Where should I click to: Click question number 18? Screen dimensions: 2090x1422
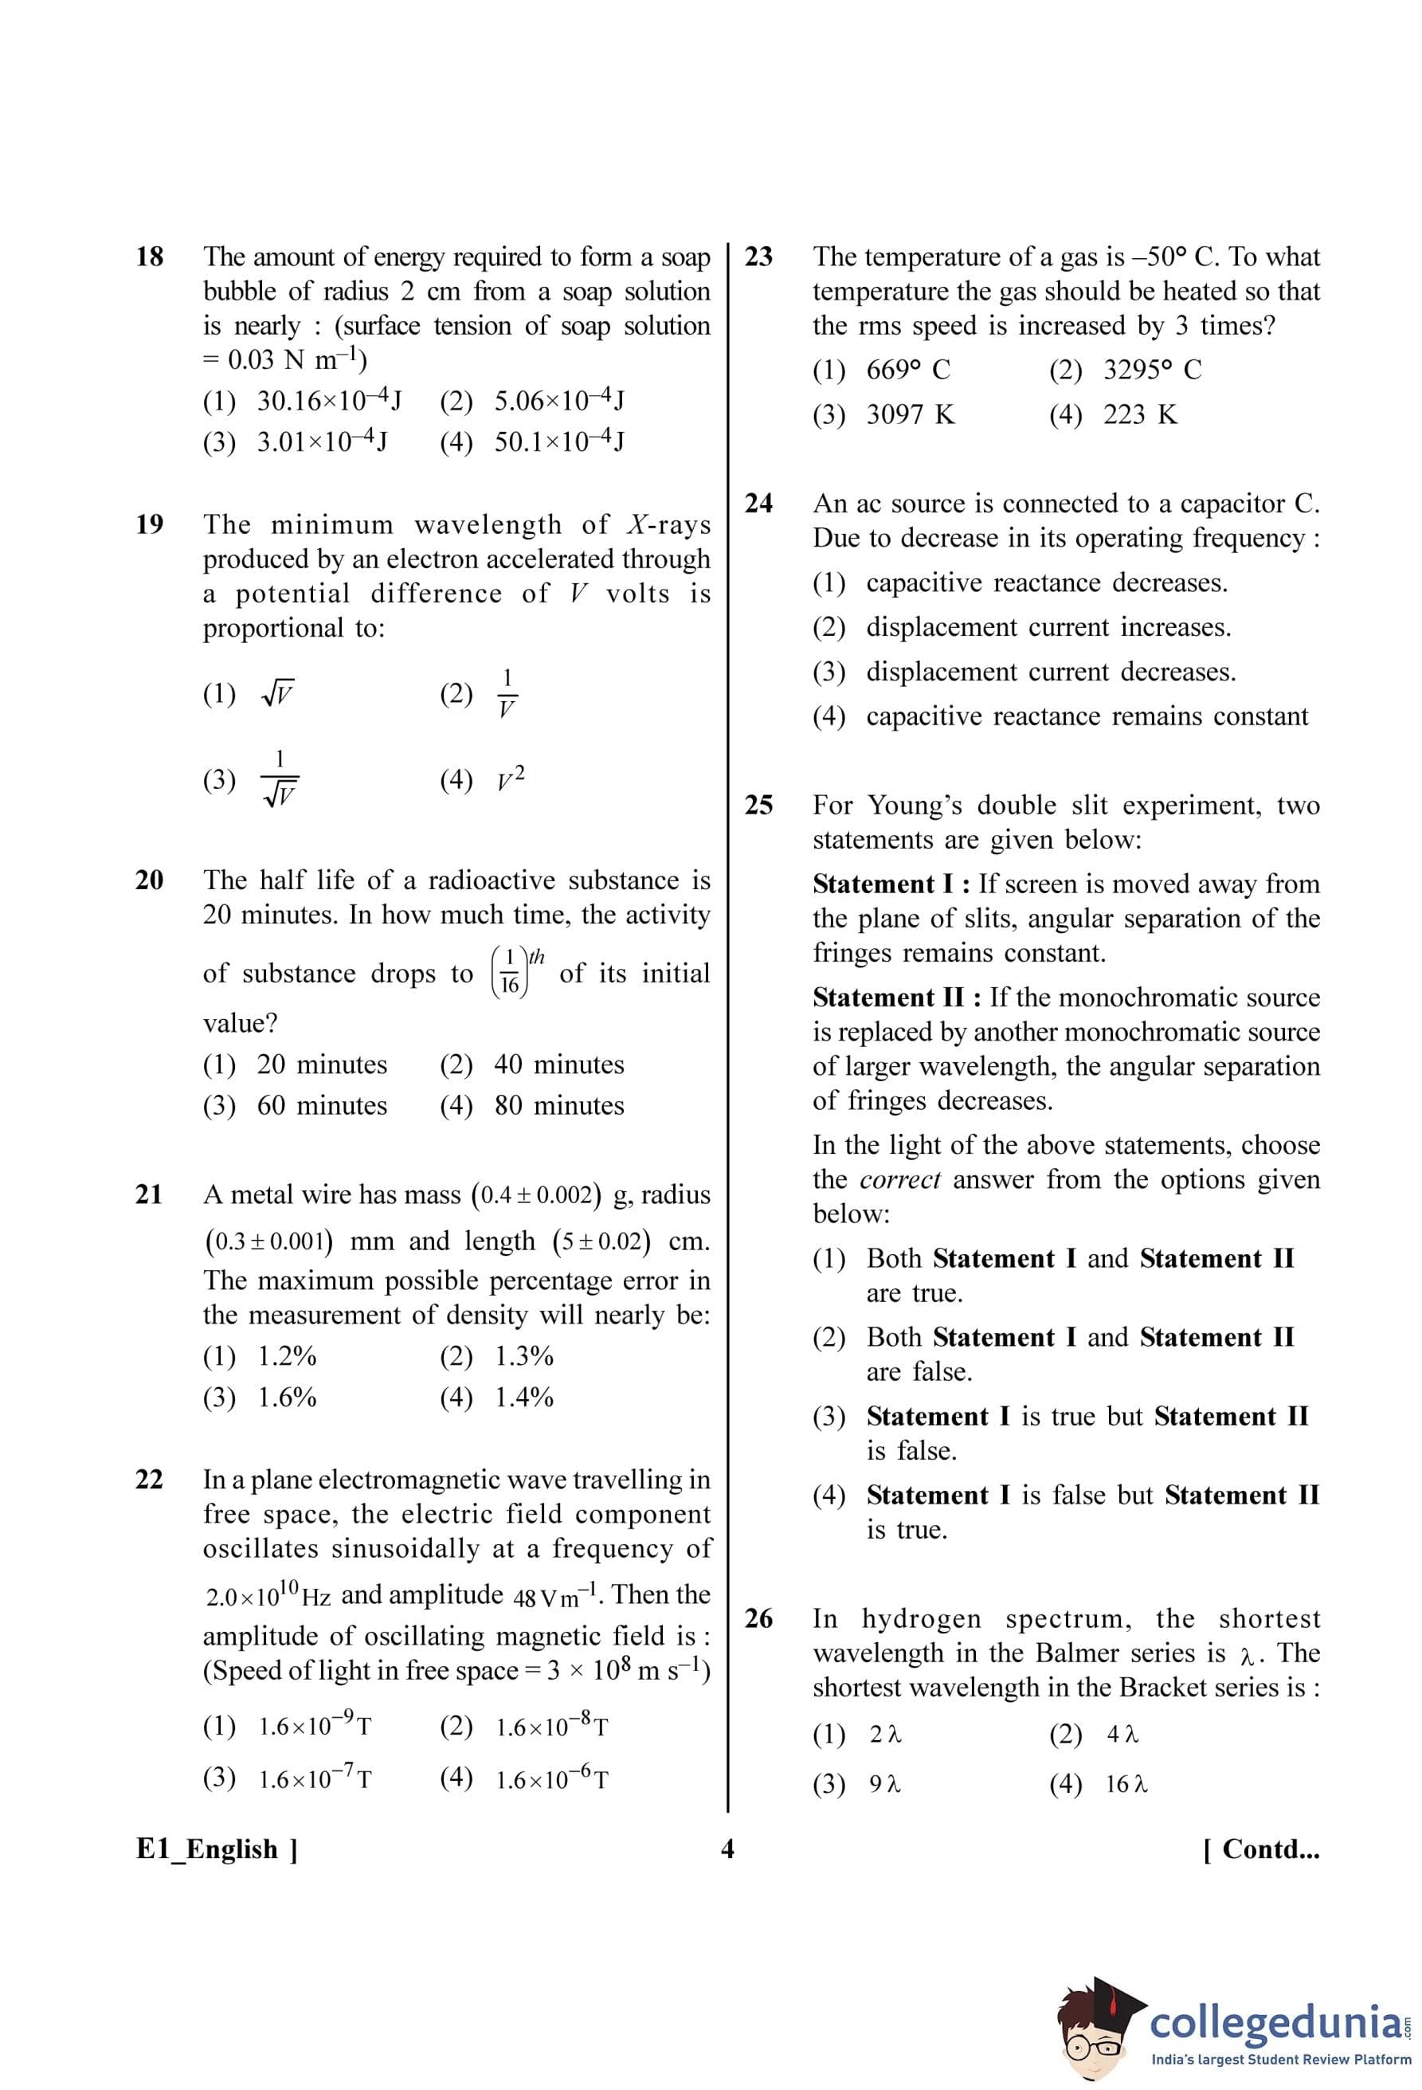[x=149, y=257]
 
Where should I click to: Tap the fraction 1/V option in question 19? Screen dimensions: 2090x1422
[x=506, y=693]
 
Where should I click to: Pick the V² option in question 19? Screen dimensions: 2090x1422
[x=510, y=778]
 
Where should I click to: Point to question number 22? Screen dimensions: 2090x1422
[x=149, y=1480]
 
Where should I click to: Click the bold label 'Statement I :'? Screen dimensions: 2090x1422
[x=891, y=884]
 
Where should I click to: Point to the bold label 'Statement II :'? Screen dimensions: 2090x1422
[x=896, y=998]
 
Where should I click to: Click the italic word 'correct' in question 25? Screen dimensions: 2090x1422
[x=899, y=1180]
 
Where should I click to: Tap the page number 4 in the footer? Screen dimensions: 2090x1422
[x=727, y=1849]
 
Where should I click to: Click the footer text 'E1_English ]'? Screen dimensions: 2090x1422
[x=217, y=1849]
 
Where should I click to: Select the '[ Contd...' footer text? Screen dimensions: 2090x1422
[x=1261, y=1849]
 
